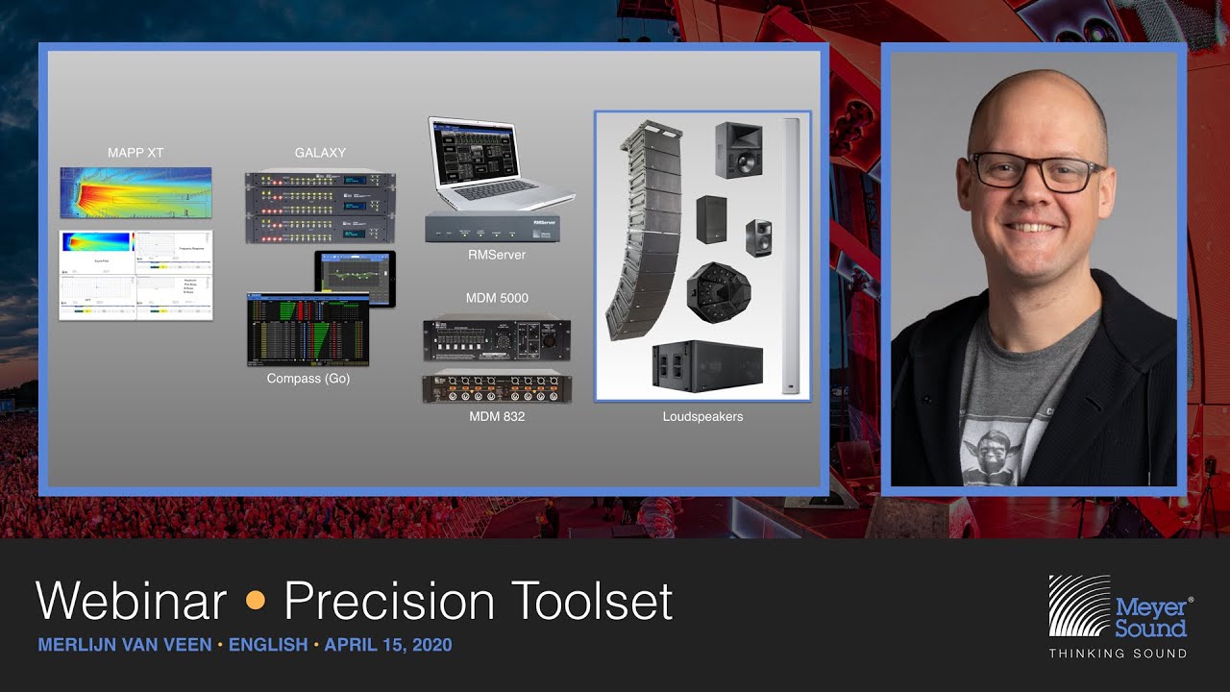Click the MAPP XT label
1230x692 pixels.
coord(135,153)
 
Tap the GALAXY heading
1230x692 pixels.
coord(320,153)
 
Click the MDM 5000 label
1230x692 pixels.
coord(497,299)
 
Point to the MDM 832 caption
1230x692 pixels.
coord(497,417)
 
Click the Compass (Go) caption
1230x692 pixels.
coord(307,379)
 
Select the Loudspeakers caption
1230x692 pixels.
coord(702,417)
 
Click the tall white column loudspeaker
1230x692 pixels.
coord(791,255)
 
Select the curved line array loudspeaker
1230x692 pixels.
coord(641,231)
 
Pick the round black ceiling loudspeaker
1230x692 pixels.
coord(719,291)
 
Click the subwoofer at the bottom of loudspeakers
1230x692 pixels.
coord(707,365)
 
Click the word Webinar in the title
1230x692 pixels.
coord(131,602)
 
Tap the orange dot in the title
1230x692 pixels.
coord(256,602)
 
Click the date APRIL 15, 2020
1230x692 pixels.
coord(387,645)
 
